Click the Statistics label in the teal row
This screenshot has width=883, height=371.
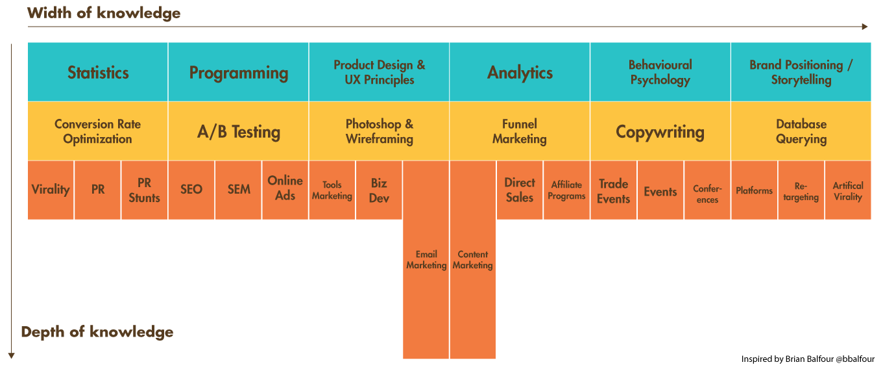[98, 73]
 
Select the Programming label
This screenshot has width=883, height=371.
[238, 73]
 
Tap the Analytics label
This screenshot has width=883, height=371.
[520, 73]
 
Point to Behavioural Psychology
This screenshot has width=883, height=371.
[660, 72]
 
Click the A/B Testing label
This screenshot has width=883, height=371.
[239, 132]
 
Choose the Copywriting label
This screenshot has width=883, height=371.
[660, 132]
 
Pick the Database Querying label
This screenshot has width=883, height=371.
[801, 131]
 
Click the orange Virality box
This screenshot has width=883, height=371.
[51, 190]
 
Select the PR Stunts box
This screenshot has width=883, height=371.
[144, 190]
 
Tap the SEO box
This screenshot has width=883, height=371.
[191, 190]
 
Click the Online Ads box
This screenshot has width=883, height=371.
[285, 188]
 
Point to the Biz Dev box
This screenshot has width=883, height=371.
[379, 190]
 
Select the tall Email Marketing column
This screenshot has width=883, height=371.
[426, 260]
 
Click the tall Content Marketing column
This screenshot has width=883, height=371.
[472, 260]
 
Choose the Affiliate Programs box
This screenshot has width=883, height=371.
[566, 190]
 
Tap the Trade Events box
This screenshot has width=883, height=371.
[613, 191]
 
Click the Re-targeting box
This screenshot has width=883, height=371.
[801, 191]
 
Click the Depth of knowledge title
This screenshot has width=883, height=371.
[97, 332]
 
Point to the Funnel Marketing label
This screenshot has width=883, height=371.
[519, 131]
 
